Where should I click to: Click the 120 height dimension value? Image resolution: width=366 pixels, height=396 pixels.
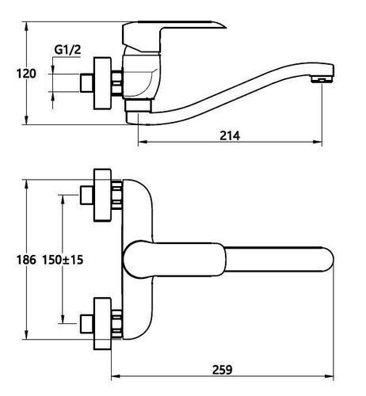[26, 74]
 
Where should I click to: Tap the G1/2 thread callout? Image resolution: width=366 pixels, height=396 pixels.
[67, 49]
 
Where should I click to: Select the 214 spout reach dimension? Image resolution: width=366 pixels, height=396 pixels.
[230, 136]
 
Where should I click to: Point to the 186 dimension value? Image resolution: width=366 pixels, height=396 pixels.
[26, 260]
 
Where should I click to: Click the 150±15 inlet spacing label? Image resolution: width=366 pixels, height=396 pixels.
[63, 260]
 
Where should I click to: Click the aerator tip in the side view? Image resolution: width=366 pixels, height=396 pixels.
[322, 79]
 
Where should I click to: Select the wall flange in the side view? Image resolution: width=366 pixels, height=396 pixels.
[102, 83]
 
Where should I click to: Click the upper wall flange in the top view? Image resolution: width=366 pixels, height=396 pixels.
[102, 195]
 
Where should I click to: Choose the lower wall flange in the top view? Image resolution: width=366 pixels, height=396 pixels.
[102, 324]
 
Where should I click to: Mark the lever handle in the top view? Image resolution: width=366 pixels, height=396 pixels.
[175, 260]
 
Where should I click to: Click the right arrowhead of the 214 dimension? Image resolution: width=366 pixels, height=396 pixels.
[318, 142]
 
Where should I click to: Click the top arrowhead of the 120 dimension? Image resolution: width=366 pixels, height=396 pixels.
[26, 26]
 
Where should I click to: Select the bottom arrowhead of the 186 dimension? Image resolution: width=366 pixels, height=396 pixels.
[26, 335]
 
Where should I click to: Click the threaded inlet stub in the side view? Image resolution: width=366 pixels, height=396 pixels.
[86, 83]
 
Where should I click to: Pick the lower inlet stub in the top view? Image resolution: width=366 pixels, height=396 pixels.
[86, 324]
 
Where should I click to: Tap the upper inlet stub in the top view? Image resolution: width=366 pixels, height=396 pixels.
[86, 195]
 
